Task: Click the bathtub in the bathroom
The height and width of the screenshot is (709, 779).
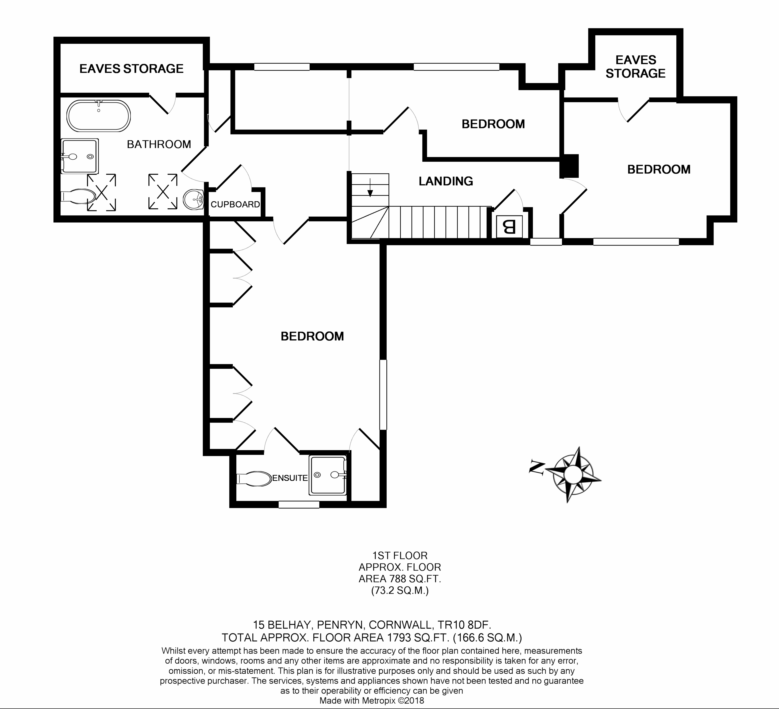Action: tap(99, 116)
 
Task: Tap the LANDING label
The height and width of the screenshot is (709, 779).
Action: tap(446, 181)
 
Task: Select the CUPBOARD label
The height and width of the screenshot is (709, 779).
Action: tap(235, 204)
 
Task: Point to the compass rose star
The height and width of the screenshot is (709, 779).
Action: tap(573, 474)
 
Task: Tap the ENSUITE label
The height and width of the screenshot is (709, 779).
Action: tap(290, 478)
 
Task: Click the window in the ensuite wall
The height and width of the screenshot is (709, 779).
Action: tap(299, 504)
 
